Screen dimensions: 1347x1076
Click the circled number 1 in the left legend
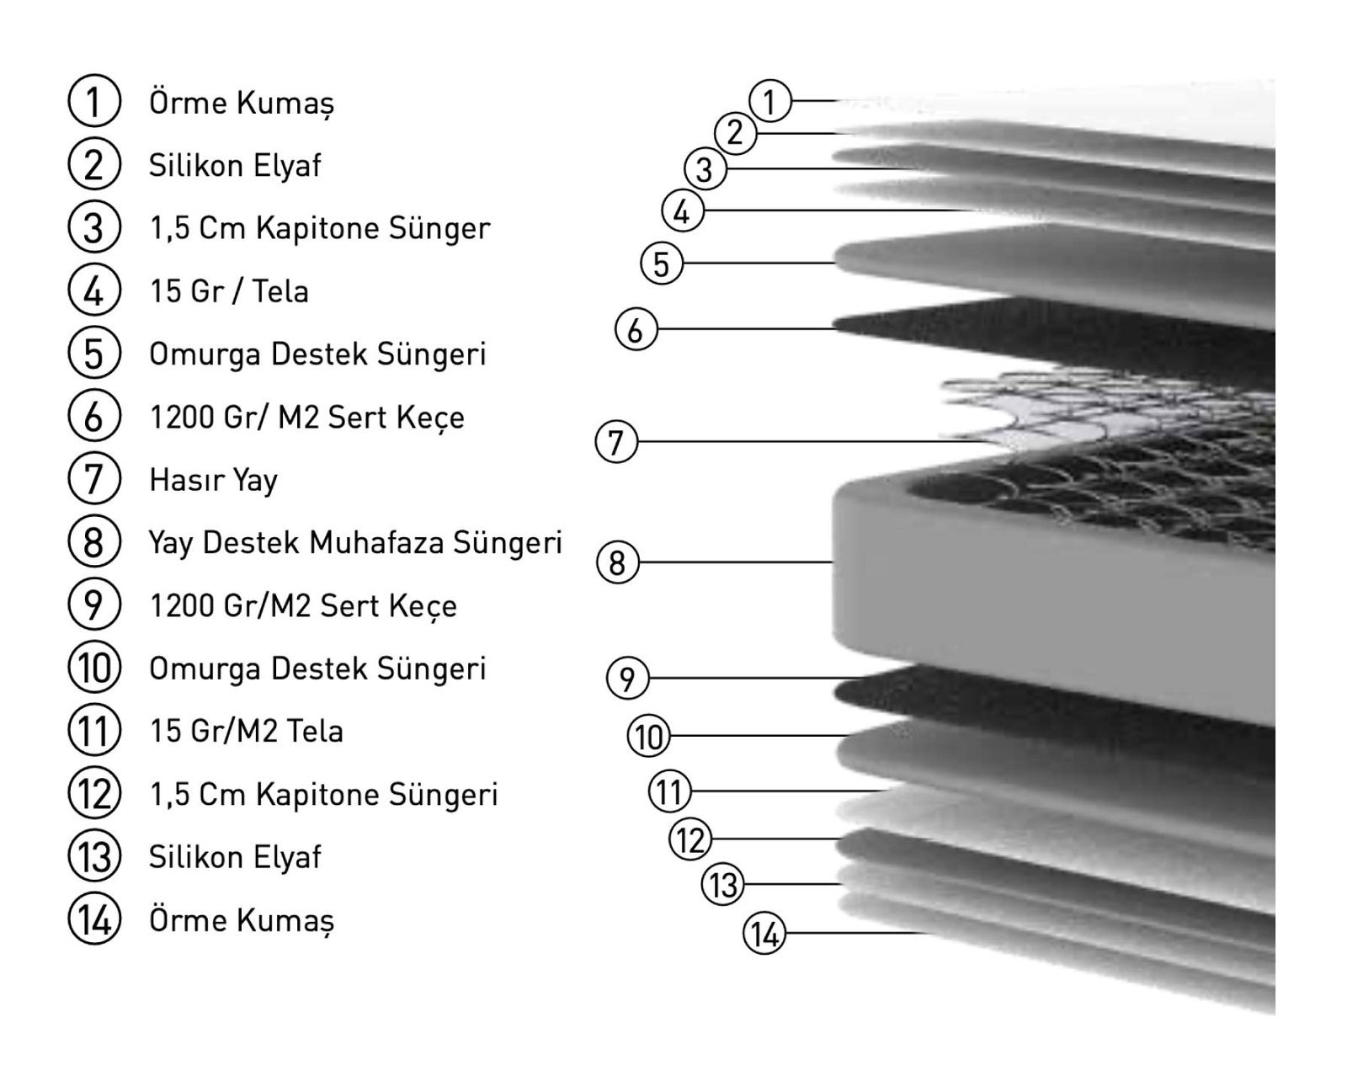[x=94, y=101]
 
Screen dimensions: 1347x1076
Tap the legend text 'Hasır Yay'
[x=213, y=481]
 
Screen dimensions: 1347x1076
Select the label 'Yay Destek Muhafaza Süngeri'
[x=355, y=543]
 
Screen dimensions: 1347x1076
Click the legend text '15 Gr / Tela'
[x=229, y=291]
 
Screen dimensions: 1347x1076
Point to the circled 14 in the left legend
[x=94, y=919]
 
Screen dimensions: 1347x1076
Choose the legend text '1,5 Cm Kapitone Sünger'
[x=320, y=228]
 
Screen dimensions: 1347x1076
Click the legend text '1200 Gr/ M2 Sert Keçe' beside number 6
[x=307, y=418]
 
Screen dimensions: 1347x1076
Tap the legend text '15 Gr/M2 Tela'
[x=247, y=731]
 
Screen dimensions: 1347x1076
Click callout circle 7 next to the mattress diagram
[x=616, y=442]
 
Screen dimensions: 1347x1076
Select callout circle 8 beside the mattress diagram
[x=617, y=562]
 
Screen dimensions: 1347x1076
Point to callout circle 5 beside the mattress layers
[x=662, y=263]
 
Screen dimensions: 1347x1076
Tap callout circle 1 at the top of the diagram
[x=770, y=101]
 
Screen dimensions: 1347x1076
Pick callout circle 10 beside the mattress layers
[x=648, y=736]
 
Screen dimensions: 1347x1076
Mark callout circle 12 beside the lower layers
[x=690, y=839]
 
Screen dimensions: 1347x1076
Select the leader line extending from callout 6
[x=746, y=328]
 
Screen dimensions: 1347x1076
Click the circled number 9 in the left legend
[x=94, y=605]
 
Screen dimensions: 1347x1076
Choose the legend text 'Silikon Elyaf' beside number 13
[x=235, y=857]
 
